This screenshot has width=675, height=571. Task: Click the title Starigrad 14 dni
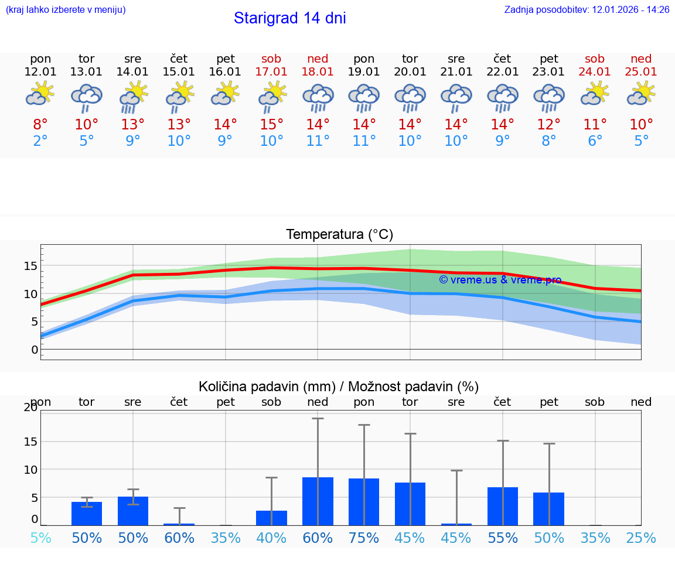point(289,18)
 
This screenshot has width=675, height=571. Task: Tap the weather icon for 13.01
point(87,97)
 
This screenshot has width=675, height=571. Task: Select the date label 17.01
point(271,71)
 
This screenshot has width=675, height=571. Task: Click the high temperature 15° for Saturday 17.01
point(271,125)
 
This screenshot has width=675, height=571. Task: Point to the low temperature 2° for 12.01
point(40,141)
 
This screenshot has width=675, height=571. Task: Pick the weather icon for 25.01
point(641,94)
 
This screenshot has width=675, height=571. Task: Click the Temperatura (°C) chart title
point(339,235)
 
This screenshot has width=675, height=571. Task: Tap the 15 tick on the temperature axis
point(30,266)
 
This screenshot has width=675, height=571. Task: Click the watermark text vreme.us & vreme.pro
point(500,280)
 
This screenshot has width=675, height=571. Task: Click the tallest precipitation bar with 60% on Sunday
point(318,501)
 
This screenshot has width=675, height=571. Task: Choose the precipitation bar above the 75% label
point(364,502)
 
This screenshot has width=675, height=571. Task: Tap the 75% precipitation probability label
point(364,538)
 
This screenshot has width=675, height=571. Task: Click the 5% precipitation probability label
point(40,538)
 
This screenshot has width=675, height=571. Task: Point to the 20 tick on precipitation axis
point(30,408)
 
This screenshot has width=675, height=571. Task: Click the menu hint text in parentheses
point(66,9)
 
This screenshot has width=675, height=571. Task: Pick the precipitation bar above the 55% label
point(503,506)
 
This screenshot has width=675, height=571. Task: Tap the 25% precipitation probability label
point(641,538)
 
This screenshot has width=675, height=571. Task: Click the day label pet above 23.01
point(548,59)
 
